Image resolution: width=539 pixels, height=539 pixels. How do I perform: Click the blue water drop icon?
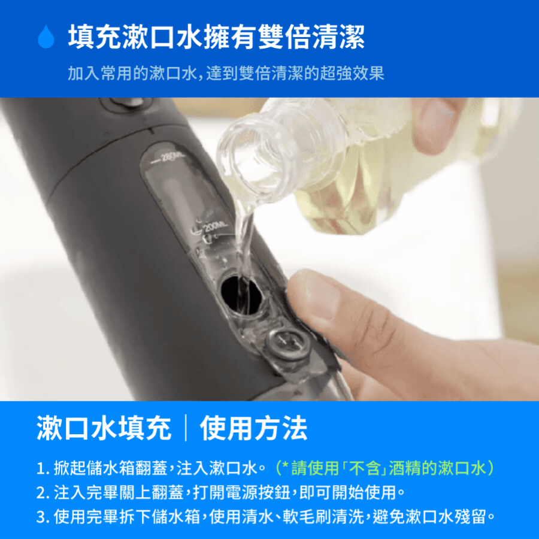pos(46,36)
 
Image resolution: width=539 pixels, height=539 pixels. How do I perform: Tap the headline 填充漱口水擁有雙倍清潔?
pos(216,37)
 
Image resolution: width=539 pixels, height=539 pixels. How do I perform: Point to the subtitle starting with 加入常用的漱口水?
pos(226,73)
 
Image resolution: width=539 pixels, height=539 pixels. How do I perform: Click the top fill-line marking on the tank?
pos(168,158)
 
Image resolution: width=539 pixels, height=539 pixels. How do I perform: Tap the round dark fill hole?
pos(241,295)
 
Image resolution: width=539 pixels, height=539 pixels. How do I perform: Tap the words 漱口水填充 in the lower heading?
pos(104,428)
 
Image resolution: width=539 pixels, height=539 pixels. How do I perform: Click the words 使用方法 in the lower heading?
pos(253,428)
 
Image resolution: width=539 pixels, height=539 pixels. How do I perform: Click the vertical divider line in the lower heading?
pos(186,428)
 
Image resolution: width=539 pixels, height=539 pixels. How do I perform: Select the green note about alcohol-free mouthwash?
pos(384,468)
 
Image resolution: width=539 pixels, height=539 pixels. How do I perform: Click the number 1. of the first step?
pos(43,468)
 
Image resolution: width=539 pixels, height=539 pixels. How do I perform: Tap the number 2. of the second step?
pos(43,493)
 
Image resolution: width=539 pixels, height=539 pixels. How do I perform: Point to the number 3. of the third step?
pos(43,517)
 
